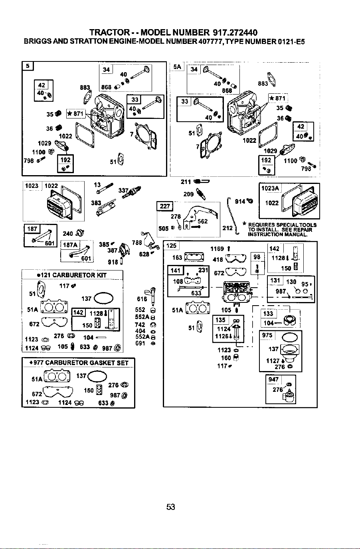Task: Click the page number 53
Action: (170, 507)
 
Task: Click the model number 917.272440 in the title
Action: (235, 32)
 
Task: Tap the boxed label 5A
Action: (177, 67)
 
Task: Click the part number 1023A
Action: (270, 188)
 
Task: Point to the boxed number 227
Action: (165, 206)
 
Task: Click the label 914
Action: (240, 201)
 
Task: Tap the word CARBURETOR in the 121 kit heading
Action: (73, 275)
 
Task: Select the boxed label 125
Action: (171, 246)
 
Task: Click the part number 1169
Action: (217, 249)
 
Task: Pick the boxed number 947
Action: (273, 379)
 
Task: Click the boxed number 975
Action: (267, 335)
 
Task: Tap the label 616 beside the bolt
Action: (142, 299)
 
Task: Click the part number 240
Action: (68, 233)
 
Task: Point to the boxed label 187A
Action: (70, 245)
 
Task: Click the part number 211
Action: (186, 182)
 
